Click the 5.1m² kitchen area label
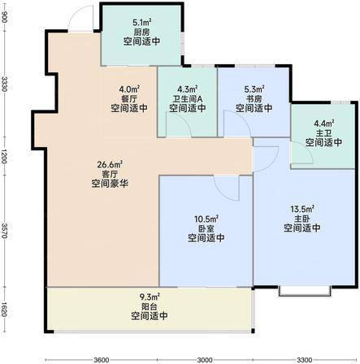[x=141, y=22]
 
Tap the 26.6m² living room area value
[x=110, y=164]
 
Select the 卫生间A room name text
[x=188, y=98]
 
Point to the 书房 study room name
[x=254, y=98]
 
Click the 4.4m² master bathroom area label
[x=323, y=123]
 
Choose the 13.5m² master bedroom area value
[x=302, y=209]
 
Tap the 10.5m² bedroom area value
[x=206, y=219]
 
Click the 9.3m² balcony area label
[x=150, y=297]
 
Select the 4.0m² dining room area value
[x=129, y=89]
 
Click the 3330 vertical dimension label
[x=4, y=84]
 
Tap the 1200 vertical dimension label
[x=4, y=156]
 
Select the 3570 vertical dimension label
[x=4, y=231]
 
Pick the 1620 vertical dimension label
[x=4, y=310]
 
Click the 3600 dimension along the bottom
[x=102, y=360]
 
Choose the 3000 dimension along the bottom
[x=205, y=360]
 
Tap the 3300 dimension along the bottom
[x=305, y=360]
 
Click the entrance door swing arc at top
[x=75, y=14]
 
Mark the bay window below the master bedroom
[x=305, y=291]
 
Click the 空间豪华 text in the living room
[x=110, y=184]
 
